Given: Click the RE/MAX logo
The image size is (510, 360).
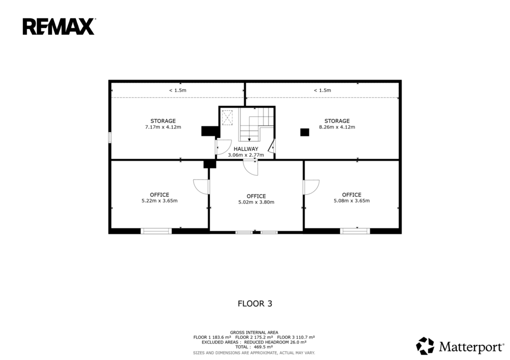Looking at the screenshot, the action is click(59, 27).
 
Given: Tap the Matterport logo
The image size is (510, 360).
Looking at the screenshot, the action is click(460, 346).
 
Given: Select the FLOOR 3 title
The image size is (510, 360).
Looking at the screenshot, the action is click(255, 304).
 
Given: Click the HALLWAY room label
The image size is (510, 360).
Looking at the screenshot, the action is click(246, 149).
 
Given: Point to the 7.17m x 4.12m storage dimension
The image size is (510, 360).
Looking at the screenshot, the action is click(163, 127).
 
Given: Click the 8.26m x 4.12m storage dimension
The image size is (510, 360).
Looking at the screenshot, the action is click(337, 127).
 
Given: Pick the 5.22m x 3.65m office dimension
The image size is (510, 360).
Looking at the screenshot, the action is click(159, 201).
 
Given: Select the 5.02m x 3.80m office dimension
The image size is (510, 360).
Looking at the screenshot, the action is click(256, 202).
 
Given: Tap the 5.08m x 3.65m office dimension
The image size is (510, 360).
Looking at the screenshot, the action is click(352, 201).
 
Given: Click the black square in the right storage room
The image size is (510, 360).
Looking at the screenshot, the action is click(304, 132).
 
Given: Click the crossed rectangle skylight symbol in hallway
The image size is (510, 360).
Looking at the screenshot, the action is click(227, 118).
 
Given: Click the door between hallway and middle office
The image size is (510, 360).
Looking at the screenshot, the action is click(251, 168).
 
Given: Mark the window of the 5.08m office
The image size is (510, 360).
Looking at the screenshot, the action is click(355, 231).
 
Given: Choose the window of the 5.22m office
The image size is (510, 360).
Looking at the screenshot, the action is click(156, 231).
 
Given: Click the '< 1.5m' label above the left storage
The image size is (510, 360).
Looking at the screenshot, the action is click(178, 91).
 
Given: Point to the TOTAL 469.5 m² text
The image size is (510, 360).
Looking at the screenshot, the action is click(254, 347).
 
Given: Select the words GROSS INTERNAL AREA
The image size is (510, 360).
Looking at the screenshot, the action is click(254, 332).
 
